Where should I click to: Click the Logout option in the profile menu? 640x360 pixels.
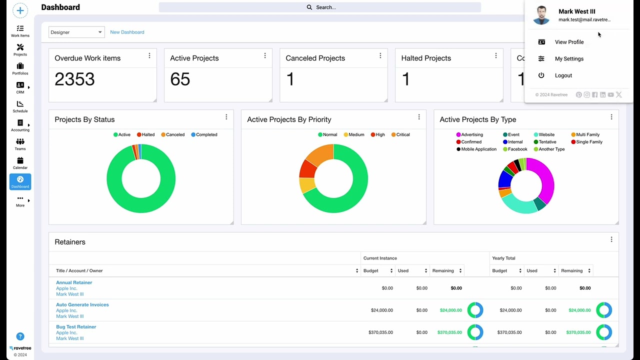pos(563,75)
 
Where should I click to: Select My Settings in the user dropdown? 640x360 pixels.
pos(569,59)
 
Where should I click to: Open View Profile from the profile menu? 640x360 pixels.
pos(569,42)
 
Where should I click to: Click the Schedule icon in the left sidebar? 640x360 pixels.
pos(20,106)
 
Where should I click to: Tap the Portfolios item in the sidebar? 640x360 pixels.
pos(20,68)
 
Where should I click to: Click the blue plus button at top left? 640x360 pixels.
pos(20,10)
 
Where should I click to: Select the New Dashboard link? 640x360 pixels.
pos(127,32)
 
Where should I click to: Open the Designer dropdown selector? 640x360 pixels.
pos(76,32)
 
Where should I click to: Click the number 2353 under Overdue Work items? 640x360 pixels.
pos(74,79)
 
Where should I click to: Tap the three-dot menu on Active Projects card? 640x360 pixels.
pos(265,55)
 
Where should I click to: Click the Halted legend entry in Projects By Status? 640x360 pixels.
pos(145,134)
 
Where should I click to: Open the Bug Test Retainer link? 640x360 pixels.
pos(76,326)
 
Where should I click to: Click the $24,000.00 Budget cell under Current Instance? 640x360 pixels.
pos(381,310)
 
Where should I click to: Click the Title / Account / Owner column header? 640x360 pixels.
pos(79,270)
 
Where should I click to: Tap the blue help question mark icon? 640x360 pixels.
pos(20,336)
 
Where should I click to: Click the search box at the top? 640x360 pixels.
pos(320,7)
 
